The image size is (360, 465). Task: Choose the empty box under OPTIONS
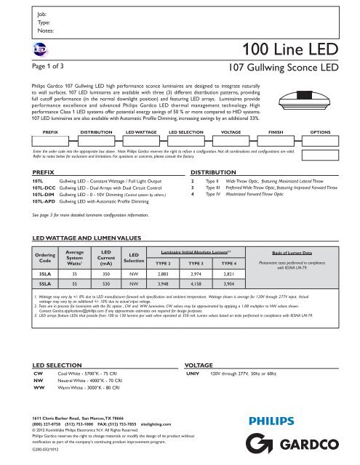tap(320, 124)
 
